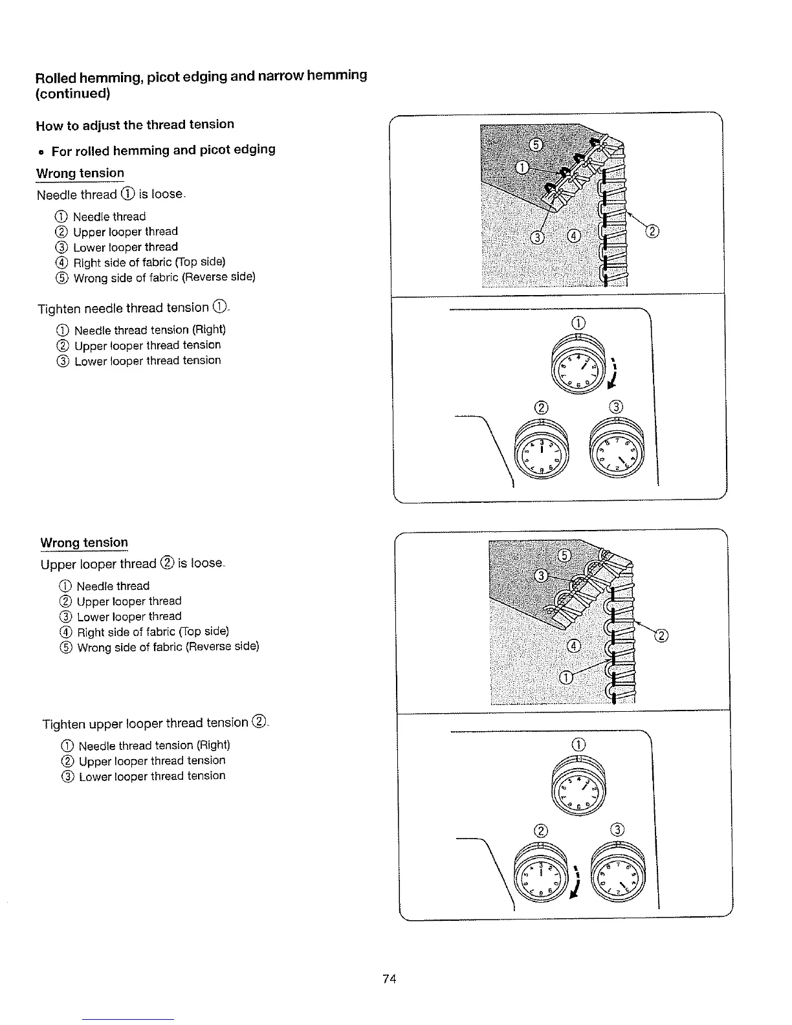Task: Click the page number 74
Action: (389, 978)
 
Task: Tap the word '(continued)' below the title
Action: (72, 94)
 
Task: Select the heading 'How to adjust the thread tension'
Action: (135, 124)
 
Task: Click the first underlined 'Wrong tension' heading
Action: (80, 173)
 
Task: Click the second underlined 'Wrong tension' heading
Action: (84, 542)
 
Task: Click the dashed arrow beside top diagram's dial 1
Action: (612, 373)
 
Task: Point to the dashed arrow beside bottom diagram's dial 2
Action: (575, 881)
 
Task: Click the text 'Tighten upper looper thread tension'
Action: (146, 723)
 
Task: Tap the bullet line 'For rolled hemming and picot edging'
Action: (163, 150)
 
